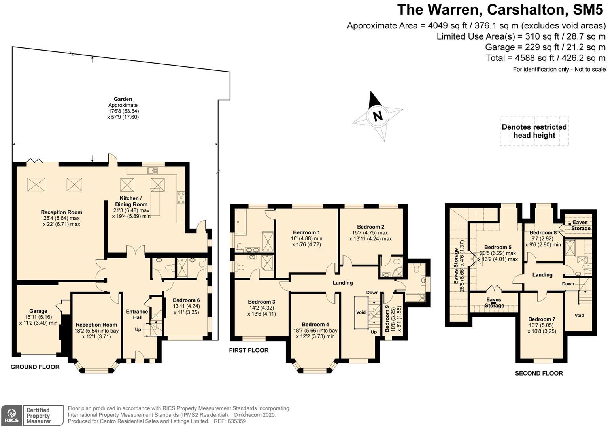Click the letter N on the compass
coord(378,116)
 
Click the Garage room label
coord(38,311)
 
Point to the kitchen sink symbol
coord(153,171)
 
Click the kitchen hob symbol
coord(181,196)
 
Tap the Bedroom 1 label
coord(306,232)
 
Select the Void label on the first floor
coord(361,312)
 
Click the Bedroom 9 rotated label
coord(387,318)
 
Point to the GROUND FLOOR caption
coord(35,367)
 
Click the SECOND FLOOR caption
coord(539,373)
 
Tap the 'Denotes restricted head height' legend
coord(534,131)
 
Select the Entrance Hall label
coord(137,314)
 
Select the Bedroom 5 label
coord(498,247)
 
